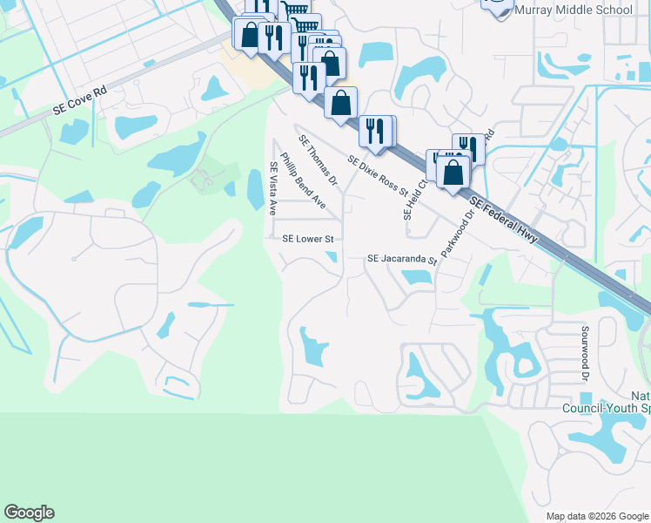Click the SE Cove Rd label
coord(79,98)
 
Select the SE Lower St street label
coord(308,238)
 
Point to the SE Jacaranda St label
coord(401,259)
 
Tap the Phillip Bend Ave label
coord(303,182)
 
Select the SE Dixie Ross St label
coord(378,176)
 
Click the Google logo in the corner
coord(29,513)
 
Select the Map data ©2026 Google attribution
coord(596,516)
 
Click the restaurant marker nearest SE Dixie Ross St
coord(375,132)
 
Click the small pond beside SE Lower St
coord(332,256)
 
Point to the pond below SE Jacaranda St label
coord(416,277)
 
